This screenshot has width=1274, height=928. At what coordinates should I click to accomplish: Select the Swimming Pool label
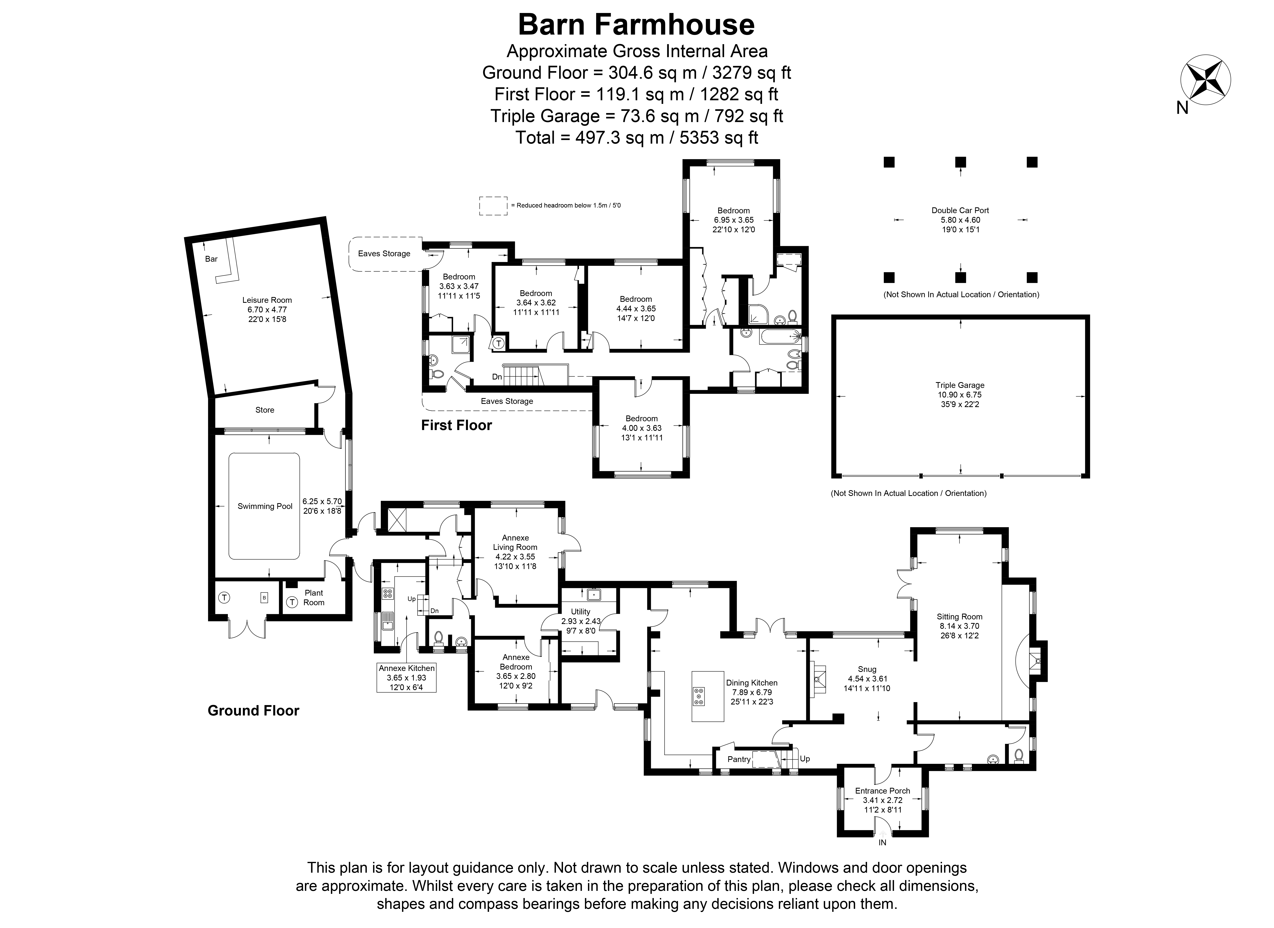point(265,506)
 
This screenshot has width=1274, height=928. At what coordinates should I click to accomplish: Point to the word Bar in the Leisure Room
point(211,259)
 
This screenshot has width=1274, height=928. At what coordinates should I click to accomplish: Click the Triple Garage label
point(959,385)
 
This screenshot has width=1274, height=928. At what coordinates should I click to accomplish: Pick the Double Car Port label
point(960,211)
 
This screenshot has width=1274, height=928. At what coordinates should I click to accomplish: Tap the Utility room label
point(581,612)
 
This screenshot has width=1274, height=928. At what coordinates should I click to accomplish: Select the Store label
point(265,410)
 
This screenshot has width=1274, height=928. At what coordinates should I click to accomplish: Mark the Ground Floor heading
point(253,711)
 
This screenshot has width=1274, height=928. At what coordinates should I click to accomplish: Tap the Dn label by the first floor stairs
point(496,377)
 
